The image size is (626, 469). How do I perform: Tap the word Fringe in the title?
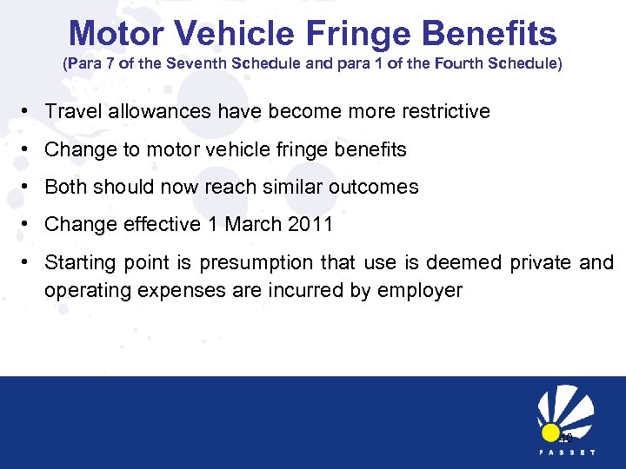click(370, 34)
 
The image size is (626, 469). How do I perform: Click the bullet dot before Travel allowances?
click(29, 112)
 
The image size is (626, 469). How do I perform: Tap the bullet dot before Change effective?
click(29, 224)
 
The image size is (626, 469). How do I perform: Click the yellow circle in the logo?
click(549, 433)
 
